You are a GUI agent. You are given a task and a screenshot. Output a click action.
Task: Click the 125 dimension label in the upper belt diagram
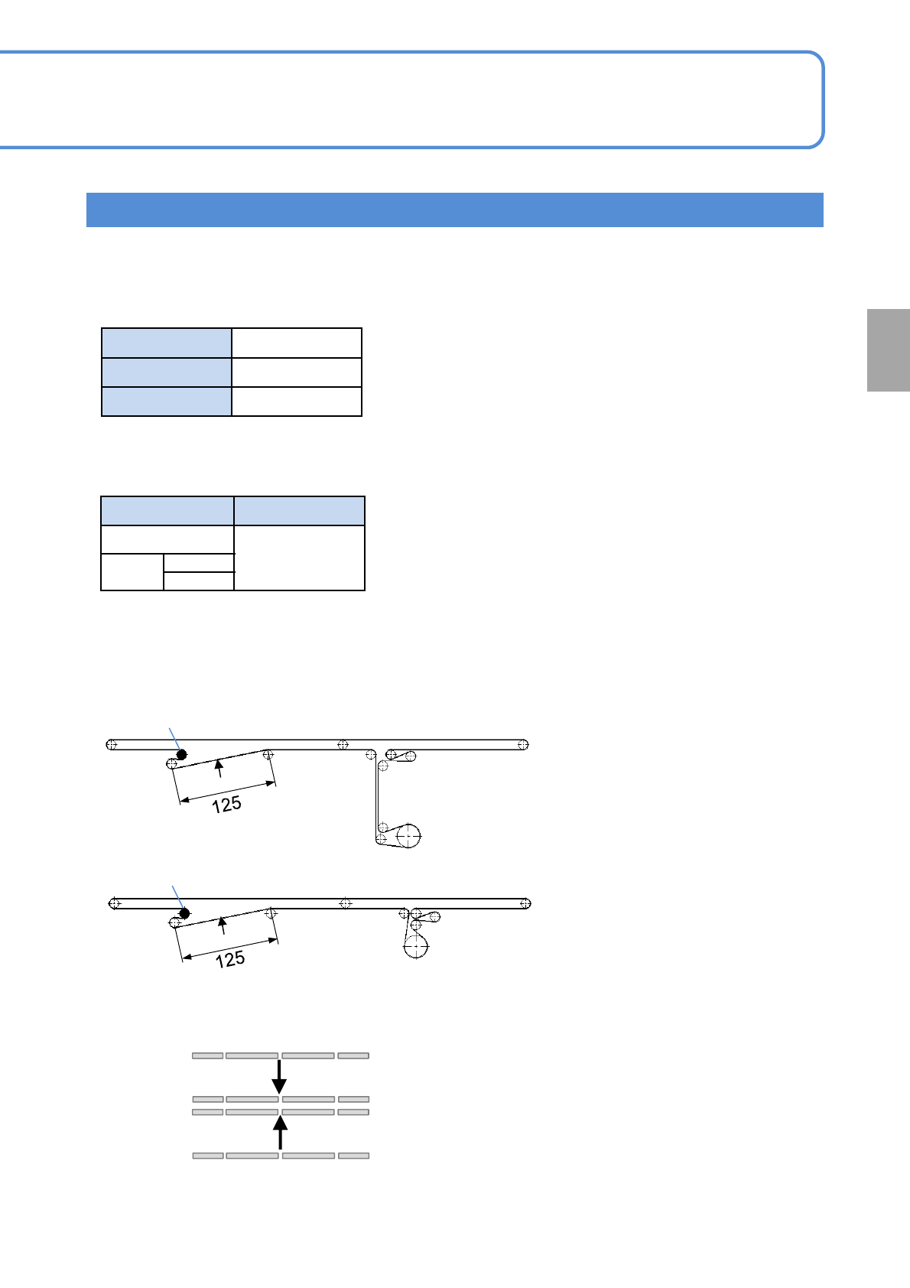click(227, 805)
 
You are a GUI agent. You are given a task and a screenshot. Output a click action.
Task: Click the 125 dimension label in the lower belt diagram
click(230, 959)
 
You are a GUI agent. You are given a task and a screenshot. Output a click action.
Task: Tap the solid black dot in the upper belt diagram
click(181, 755)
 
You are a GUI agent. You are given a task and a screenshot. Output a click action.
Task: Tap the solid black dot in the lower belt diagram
click(184, 913)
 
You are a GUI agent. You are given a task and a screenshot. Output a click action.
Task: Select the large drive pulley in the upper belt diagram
click(408, 836)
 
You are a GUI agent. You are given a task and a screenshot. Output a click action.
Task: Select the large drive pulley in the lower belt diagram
click(415, 947)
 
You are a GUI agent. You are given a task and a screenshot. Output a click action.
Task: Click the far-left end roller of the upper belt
click(112, 744)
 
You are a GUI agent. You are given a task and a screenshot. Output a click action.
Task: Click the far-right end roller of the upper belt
click(523, 744)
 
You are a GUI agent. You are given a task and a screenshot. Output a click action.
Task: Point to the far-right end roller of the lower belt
click(525, 903)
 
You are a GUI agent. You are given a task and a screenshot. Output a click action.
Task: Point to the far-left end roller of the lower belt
click(115, 903)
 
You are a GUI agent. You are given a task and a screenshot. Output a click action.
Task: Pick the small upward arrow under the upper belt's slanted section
click(219, 767)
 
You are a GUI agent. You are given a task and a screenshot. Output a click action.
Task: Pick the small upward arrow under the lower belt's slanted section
click(223, 925)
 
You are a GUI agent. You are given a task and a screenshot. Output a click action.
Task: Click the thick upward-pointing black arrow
click(281, 1133)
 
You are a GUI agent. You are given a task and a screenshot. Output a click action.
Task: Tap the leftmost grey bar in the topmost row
click(207, 1055)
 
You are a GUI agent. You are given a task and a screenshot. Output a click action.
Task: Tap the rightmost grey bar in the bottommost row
click(354, 1156)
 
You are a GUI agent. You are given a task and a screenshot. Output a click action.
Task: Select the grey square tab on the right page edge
click(888, 350)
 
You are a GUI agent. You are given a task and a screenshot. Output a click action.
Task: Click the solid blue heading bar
click(454, 210)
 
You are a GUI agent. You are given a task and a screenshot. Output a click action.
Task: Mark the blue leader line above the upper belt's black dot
click(174, 739)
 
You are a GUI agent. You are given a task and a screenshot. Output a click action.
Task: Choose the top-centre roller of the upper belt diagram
click(343, 744)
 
